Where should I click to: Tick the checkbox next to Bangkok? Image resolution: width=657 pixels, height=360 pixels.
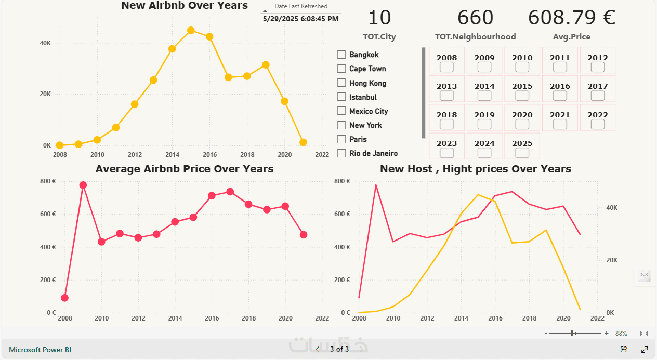pos(341,55)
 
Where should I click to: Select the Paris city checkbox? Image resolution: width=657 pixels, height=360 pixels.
pos(341,139)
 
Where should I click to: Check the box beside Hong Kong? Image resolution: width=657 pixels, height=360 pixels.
pos(341,83)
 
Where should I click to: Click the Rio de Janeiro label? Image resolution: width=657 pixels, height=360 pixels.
pos(373,153)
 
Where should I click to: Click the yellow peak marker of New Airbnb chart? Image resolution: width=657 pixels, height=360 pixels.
pos(191,30)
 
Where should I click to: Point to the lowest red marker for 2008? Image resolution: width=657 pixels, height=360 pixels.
pos(64,298)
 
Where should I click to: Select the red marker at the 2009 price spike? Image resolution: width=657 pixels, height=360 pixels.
pos(83,185)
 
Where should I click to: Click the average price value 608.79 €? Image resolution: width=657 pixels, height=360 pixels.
pos(572,18)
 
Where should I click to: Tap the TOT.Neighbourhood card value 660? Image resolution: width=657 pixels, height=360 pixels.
pos(475,18)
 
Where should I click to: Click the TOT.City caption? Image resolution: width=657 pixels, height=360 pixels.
pos(379,37)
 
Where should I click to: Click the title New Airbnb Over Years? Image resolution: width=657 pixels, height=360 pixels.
pos(185,5)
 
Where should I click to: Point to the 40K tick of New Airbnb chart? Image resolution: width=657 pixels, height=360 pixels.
pos(45,43)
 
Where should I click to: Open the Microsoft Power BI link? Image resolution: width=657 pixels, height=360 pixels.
pos(40,350)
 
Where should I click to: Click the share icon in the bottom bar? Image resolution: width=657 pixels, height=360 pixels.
pos(624,349)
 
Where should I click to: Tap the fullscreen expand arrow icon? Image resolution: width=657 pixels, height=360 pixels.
pos(645,349)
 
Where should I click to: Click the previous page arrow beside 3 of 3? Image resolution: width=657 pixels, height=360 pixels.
pos(318,349)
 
